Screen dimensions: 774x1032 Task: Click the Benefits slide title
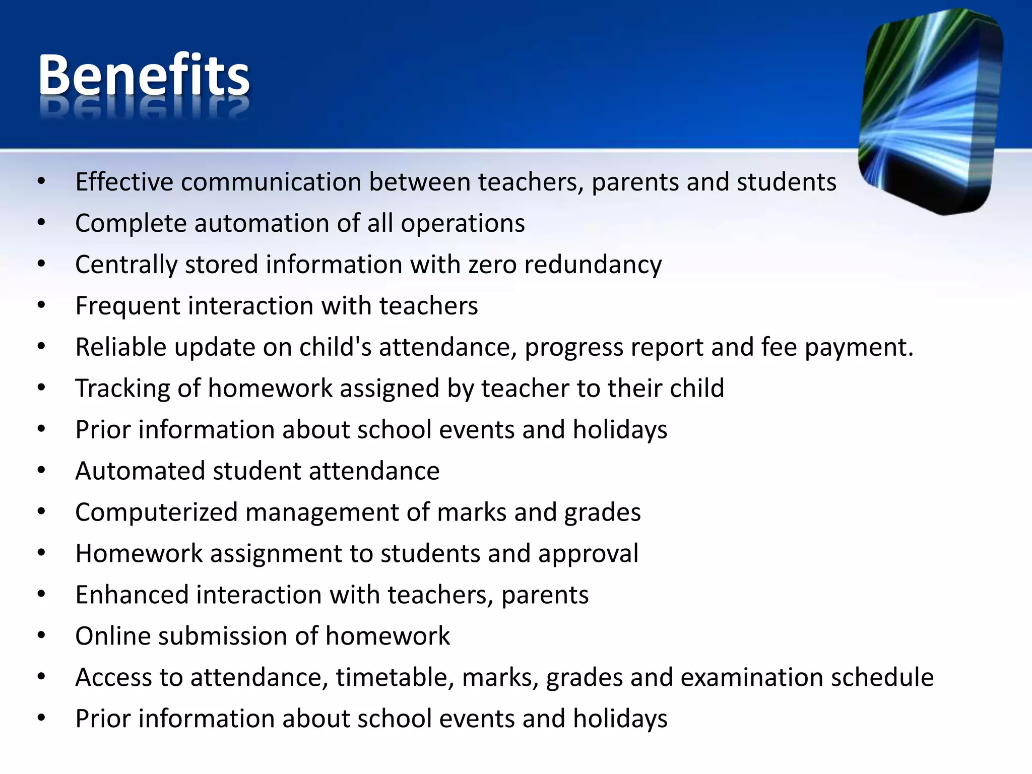point(144,76)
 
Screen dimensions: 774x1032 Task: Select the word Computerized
point(156,512)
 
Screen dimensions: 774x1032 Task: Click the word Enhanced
point(132,595)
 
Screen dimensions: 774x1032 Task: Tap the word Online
point(113,636)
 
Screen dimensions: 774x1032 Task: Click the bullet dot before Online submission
point(41,635)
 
